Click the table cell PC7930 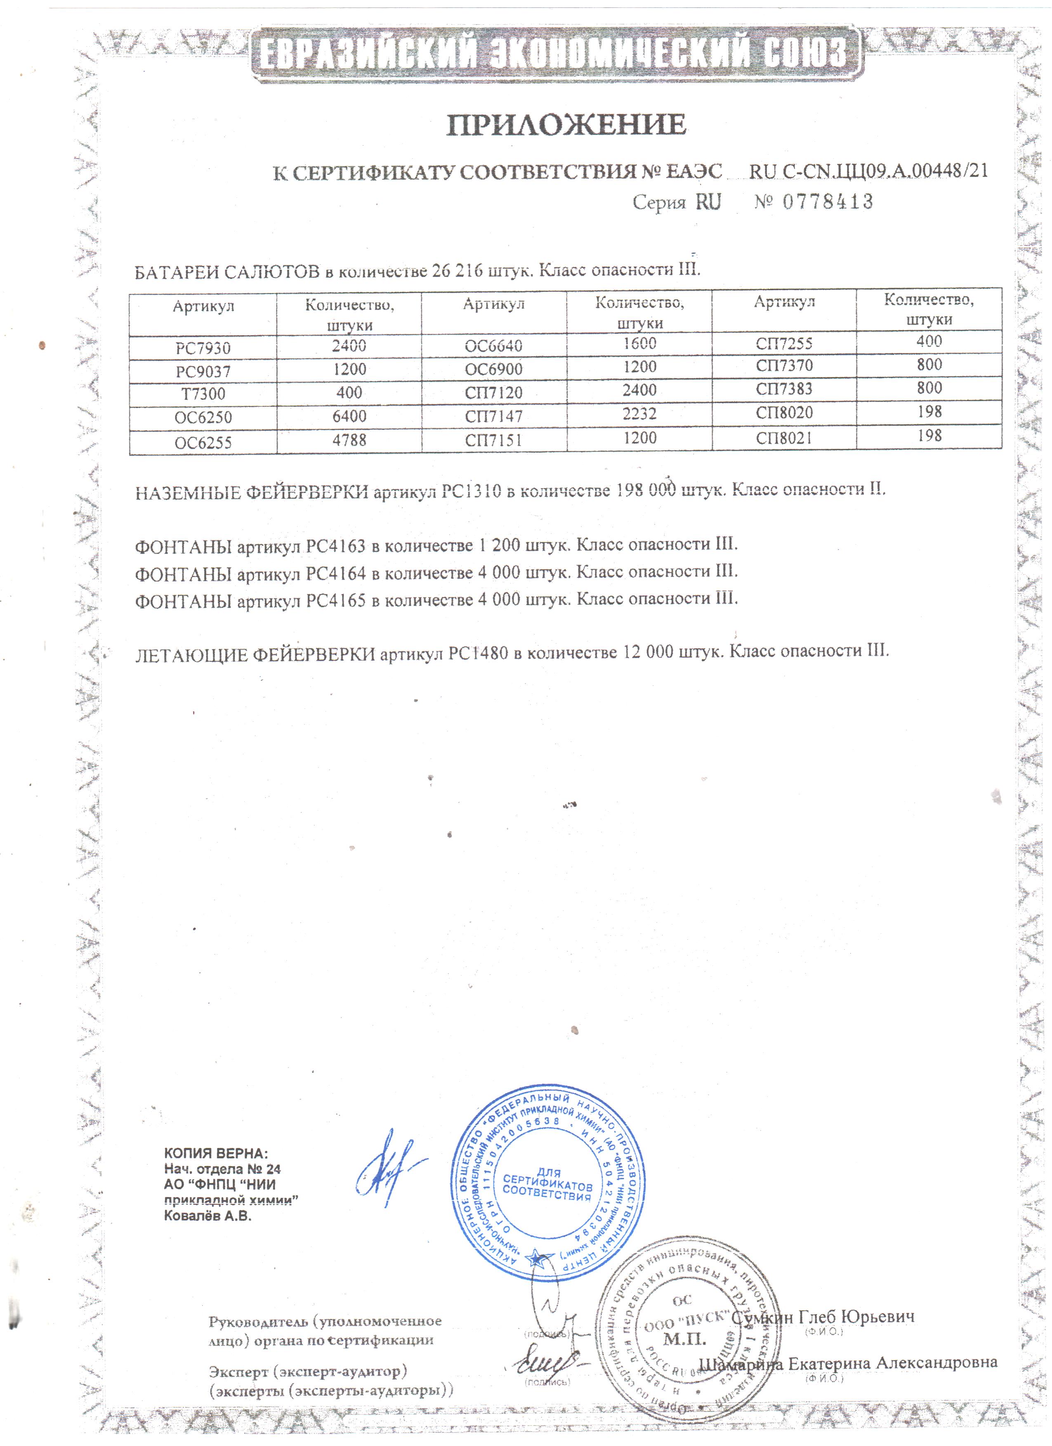click(x=203, y=349)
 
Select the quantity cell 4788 click(x=349, y=440)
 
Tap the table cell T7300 click(x=203, y=394)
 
